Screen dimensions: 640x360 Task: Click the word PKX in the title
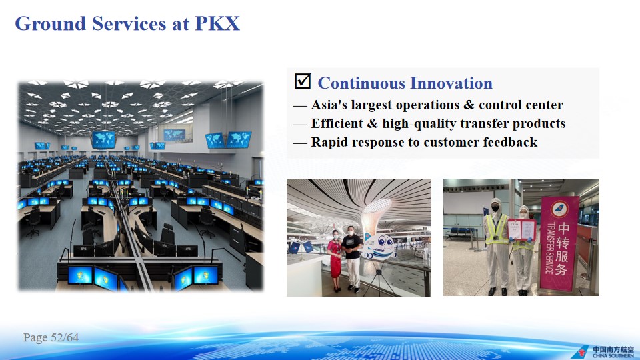click(x=217, y=23)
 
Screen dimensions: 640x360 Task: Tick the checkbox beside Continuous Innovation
click(x=303, y=81)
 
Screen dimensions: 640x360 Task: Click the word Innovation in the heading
click(x=451, y=83)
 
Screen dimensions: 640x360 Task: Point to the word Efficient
click(x=337, y=123)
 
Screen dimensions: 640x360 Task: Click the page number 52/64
click(x=65, y=337)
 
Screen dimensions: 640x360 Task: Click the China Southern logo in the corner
click(x=603, y=351)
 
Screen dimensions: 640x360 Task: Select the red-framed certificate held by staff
click(x=521, y=229)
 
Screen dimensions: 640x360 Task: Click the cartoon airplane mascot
click(x=379, y=247)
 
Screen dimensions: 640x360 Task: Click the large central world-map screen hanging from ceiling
click(x=103, y=139)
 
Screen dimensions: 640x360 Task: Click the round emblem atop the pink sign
click(x=559, y=209)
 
